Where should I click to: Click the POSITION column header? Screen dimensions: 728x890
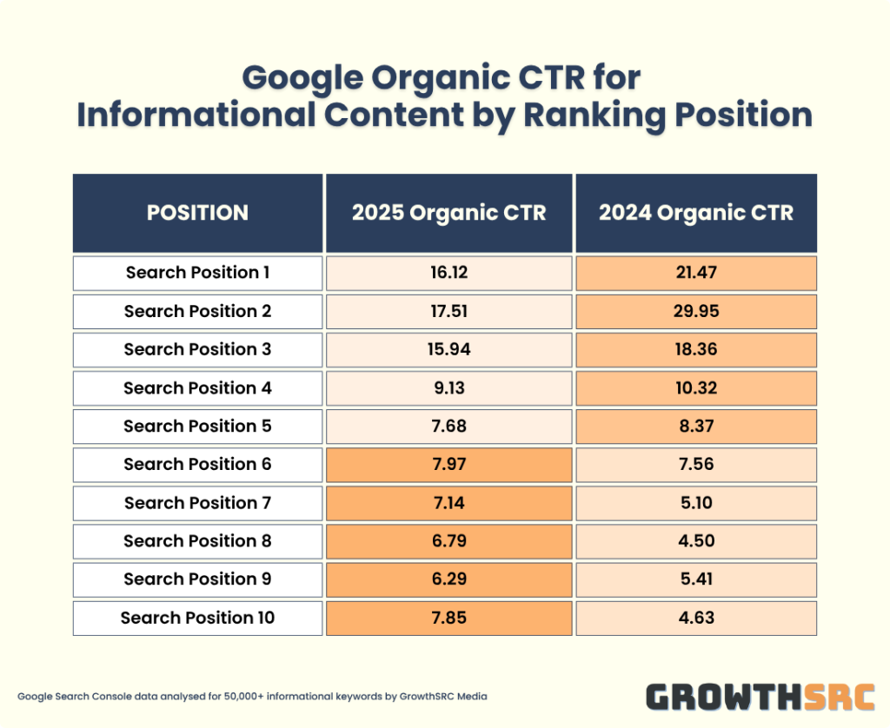click(197, 213)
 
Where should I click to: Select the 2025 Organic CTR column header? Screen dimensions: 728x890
click(448, 213)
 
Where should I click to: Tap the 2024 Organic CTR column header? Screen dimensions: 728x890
click(696, 213)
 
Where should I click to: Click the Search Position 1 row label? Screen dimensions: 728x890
click(197, 273)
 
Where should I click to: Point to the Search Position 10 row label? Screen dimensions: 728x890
click(197, 618)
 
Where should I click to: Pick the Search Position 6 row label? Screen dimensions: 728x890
click(197, 464)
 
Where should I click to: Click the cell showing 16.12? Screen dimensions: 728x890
click(448, 273)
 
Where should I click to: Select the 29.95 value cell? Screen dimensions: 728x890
click(696, 311)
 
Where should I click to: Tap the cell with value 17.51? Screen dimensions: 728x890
click(448, 311)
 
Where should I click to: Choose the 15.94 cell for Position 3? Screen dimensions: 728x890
click(448, 349)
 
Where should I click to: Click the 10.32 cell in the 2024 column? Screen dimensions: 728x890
click(696, 387)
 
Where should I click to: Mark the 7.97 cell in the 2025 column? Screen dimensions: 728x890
click(448, 464)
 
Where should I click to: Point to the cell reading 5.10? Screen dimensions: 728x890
click(696, 502)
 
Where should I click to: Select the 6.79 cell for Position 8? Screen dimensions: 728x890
click(448, 540)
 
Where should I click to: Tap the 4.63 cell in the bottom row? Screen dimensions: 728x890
click(696, 618)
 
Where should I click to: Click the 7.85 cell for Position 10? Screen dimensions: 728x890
click(448, 618)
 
